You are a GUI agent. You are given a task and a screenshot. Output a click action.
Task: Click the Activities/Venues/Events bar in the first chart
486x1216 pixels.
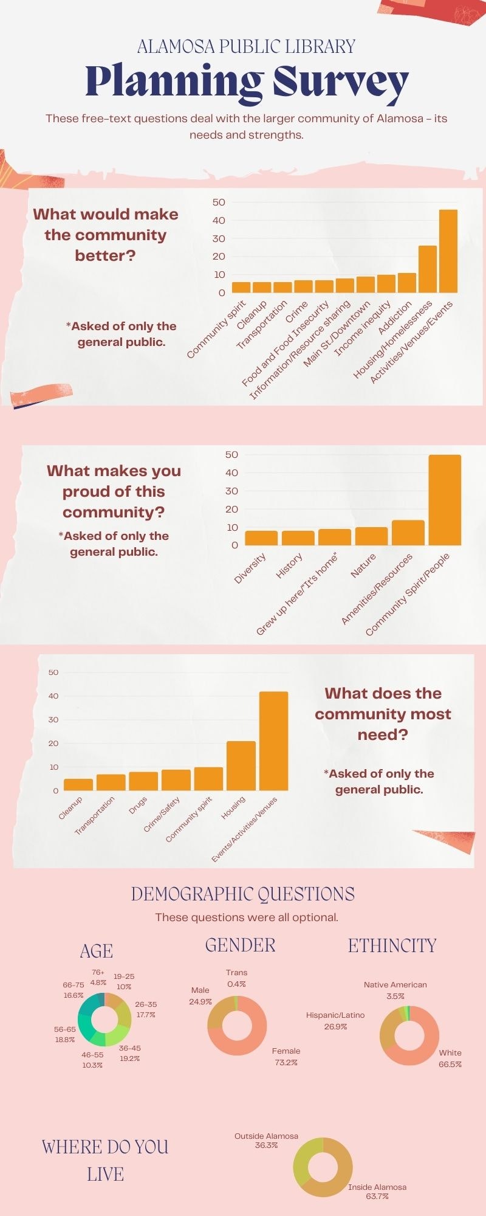448,251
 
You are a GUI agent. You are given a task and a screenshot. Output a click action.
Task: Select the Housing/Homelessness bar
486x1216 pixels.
428,269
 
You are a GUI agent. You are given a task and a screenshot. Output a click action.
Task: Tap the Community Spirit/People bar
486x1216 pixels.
445,500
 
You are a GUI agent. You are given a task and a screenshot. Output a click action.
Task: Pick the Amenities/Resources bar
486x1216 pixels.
408,533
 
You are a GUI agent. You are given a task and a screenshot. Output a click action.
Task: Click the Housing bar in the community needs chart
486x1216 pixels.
241,765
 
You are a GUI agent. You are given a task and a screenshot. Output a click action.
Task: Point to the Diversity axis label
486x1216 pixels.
251,568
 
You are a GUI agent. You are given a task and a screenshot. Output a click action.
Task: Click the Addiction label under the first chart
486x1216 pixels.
395,317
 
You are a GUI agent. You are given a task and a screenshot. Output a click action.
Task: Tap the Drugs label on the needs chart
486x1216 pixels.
139,805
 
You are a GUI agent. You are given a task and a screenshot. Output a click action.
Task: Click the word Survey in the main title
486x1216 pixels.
340,82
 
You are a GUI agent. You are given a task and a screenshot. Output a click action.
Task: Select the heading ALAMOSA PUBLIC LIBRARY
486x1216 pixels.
246,46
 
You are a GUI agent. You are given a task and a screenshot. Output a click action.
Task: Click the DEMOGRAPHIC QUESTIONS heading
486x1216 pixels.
243,894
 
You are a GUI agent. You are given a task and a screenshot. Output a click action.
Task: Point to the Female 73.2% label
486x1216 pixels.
286,1056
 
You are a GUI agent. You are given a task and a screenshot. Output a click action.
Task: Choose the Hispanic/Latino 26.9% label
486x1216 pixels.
335,1020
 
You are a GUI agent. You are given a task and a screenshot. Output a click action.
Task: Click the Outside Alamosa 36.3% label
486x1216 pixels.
266,1140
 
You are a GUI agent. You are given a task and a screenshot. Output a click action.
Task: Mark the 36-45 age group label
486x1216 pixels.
130,1053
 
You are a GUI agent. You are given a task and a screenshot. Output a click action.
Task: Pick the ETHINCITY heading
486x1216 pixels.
392,945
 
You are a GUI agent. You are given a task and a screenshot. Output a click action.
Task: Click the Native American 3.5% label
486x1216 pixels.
395,990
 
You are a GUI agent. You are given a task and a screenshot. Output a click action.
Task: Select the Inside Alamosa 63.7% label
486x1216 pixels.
377,1191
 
